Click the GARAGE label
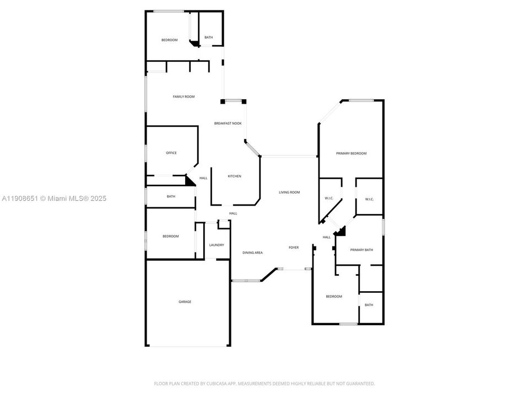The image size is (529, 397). [x=185, y=302]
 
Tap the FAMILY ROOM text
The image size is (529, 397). [x=183, y=96]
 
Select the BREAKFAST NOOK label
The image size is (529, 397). [x=228, y=124]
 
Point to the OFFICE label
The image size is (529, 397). [x=171, y=153]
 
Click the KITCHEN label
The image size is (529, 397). [x=235, y=176]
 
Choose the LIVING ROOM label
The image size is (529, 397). [x=289, y=192]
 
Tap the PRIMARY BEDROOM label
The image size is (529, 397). [x=351, y=153]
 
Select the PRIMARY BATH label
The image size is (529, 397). [x=361, y=250]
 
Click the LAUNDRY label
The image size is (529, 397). [x=216, y=245]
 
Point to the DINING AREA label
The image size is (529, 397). [x=252, y=253]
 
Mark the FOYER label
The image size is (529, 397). [x=294, y=248]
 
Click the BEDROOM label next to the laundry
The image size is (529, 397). [x=170, y=237]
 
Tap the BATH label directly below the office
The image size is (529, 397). [x=171, y=196]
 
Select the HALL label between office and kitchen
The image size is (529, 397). [x=203, y=178]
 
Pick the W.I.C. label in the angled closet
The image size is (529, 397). [x=329, y=198]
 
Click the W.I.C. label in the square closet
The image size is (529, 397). [x=369, y=199]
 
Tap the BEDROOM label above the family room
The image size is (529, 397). [x=169, y=40]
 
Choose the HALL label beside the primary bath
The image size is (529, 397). [x=327, y=237]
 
